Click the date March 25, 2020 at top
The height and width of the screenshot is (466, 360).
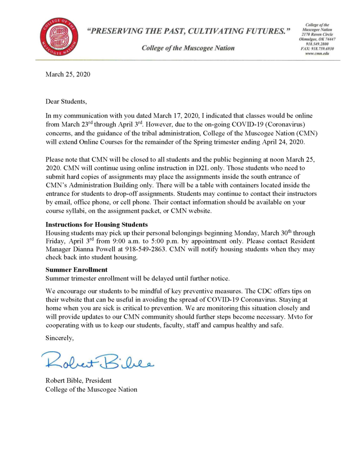point(68,74)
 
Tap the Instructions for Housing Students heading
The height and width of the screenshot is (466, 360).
point(97,224)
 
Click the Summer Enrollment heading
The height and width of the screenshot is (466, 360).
point(76,269)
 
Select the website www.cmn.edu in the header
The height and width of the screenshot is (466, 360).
point(317,53)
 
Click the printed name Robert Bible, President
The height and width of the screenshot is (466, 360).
point(79,380)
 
